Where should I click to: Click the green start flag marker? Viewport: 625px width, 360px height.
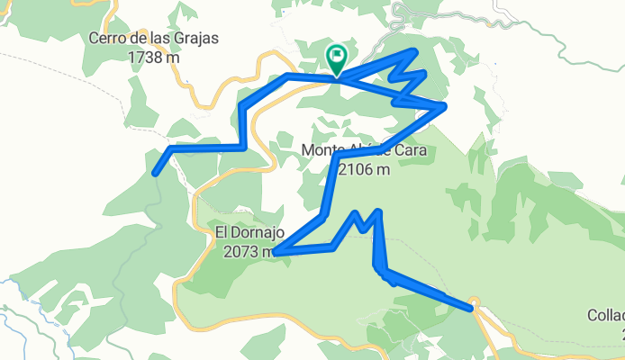tap(337, 59)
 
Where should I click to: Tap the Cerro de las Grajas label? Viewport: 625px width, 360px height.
tap(154, 39)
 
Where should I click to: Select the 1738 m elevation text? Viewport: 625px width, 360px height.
tap(154, 56)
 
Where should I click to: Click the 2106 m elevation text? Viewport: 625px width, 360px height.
tap(365, 167)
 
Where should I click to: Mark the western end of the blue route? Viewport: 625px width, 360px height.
tap(156, 172)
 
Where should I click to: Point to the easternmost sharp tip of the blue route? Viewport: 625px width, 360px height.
tap(445, 107)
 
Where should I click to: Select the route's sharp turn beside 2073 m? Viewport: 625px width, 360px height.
tap(275, 253)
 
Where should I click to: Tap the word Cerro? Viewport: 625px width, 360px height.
tap(108, 39)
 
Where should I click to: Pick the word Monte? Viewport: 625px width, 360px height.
tap(322, 150)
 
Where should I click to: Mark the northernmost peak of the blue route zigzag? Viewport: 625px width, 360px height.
tap(414, 51)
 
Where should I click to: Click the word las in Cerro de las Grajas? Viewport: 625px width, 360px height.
tap(164, 39)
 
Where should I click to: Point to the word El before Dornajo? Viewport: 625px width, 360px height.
tap(222, 233)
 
